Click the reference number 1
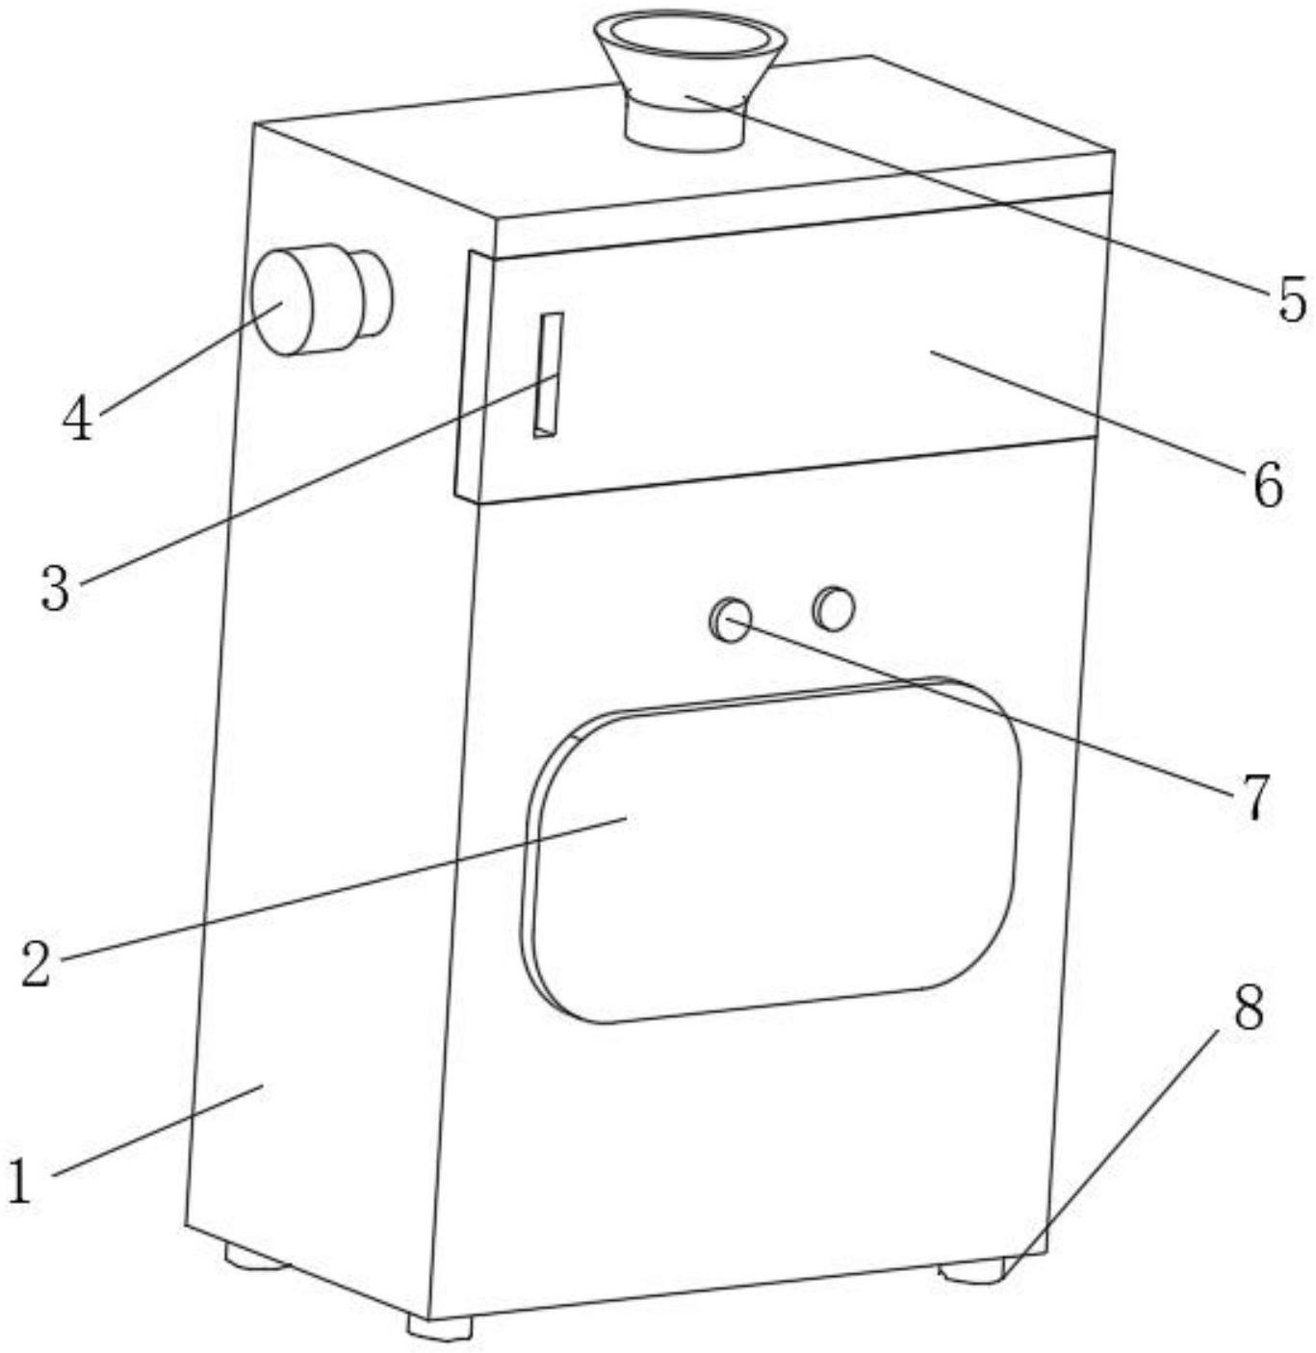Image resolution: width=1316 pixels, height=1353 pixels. point(19,1179)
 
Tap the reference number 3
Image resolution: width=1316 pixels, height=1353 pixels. point(57,587)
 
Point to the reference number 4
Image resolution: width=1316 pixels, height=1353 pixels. point(77,418)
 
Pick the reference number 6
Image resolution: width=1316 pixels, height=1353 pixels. point(1267,484)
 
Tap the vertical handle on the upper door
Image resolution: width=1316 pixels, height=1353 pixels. point(548,374)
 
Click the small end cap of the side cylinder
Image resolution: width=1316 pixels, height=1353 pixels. point(375,293)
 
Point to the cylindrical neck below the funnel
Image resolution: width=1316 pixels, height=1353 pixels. point(685,126)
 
